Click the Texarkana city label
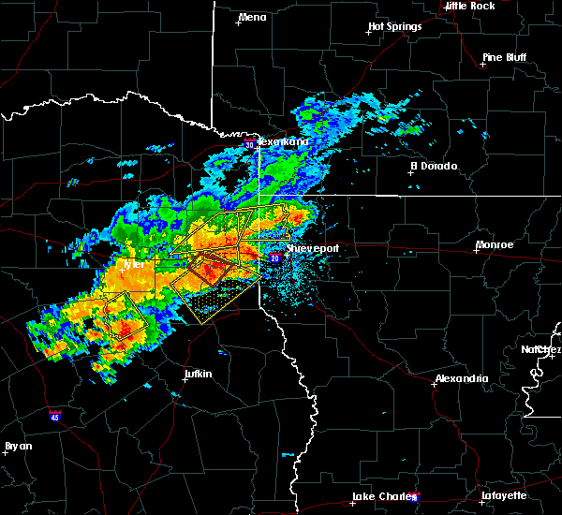(284, 141)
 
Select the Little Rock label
(470, 6)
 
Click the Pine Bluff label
(504, 57)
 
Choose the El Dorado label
(434, 167)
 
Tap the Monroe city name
(495, 244)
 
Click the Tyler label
(135, 264)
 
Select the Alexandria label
(462, 378)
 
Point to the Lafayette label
(506, 495)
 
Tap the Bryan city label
(19, 446)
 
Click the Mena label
(253, 17)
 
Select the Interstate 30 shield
(249, 145)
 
